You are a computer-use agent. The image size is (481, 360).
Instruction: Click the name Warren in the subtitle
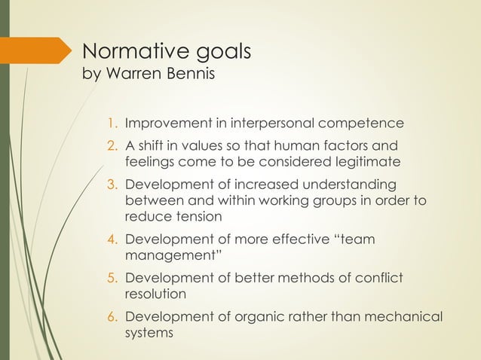click(136, 77)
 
